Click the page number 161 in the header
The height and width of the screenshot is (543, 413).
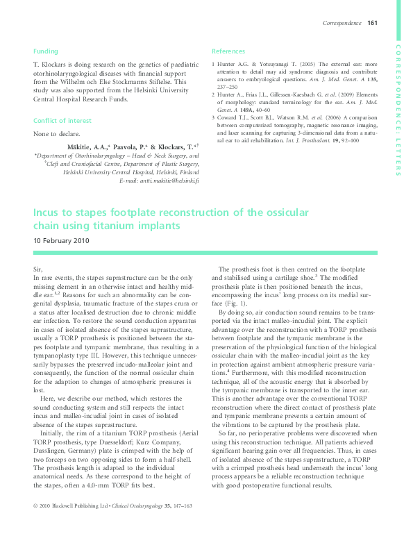[x=372, y=24]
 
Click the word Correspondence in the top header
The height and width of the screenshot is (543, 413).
[x=342, y=24]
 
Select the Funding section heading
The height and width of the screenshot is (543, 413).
[x=46, y=51]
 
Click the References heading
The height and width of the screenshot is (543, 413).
[x=228, y=51]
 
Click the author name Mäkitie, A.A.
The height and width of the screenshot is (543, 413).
[x=90, y=147]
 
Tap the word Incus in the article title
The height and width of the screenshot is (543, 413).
[x=49, y=212]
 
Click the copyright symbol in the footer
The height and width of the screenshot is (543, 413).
[x=35, y=524]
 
